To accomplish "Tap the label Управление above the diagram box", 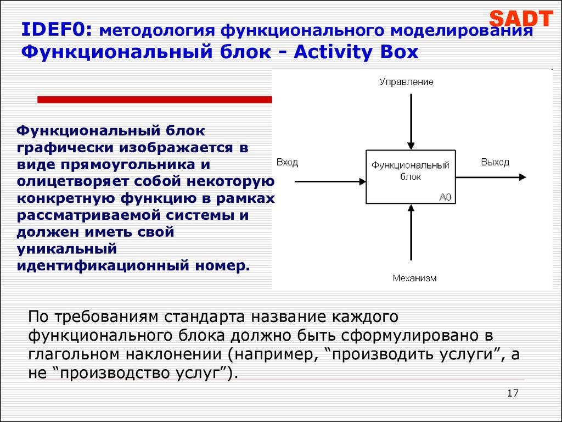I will (x=406, y=82).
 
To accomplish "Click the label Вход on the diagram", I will (x=287, y=162).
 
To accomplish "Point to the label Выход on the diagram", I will (x=495, y=162).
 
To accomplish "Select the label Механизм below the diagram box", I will (x=414, y=278).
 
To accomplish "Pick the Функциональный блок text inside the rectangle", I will (x=411, y=171).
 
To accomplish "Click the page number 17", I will (x=513, y=393).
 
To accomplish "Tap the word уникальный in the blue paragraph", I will (x=67, y=249).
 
